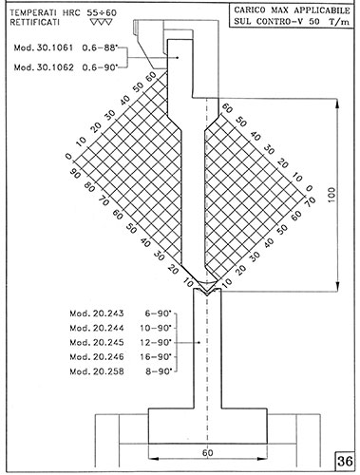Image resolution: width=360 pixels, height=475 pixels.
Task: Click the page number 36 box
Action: click(344, 461)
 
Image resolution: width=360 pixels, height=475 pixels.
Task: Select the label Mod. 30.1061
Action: click(44, 47)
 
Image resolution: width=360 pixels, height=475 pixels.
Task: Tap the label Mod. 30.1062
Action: click(44, 67)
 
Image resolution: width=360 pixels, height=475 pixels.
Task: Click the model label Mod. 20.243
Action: click(97, 313)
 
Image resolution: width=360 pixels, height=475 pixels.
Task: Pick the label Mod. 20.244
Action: click(97, 328)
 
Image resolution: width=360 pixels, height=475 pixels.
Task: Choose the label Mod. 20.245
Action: click(97, 343)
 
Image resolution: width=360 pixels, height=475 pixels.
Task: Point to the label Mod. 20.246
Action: click(97, 357)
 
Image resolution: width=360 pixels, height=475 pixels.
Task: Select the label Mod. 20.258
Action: click(97, 371)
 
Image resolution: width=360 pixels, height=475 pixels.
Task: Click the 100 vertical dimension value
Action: click(332, 195)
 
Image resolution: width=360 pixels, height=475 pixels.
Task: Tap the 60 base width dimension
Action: click(207, 453)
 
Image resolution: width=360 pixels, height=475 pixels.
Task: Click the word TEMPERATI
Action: click(33, 13)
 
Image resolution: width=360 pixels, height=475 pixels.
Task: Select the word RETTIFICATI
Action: click(34, 23)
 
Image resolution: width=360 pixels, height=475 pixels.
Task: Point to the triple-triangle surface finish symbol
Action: click(101, 23)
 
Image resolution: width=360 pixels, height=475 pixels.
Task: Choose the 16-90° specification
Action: click(156, 357)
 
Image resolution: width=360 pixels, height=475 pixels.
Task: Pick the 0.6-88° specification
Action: click(100, 47)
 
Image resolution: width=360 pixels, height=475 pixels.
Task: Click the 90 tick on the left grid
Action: click(74, 173)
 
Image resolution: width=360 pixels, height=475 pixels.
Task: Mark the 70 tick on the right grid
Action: click(311, 201)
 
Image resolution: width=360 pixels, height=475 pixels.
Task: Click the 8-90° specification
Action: click(159, 371)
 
